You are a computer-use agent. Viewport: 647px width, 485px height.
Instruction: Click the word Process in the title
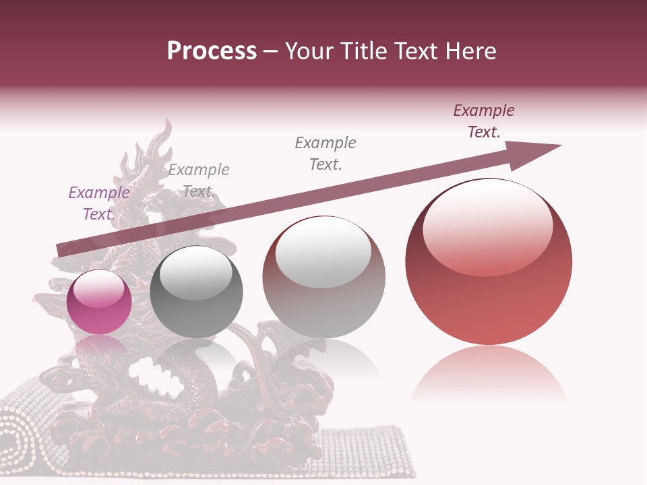coord(212,51)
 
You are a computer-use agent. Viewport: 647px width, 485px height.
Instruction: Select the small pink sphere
coord(100,302)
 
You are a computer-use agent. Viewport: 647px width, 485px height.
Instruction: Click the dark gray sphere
coord(196,292)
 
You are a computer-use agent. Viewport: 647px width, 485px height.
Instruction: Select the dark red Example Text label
coord(484,121)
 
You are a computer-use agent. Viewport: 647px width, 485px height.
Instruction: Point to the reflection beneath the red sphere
coord(489,374)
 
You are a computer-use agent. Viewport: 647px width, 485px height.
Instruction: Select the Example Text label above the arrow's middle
coord(326,153)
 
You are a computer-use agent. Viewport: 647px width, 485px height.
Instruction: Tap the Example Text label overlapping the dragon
coord(199,180)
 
